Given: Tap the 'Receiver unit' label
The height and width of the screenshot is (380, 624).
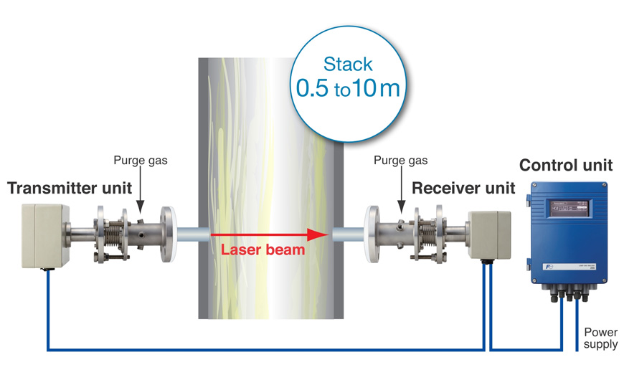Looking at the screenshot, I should click(x=463, y=189).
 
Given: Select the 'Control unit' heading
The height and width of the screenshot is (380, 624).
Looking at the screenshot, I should click(x=566, y=166).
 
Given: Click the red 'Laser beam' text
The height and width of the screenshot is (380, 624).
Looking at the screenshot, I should click(x=263, y=250).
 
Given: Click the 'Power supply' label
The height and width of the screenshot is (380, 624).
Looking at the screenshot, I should click(x=600, y=338).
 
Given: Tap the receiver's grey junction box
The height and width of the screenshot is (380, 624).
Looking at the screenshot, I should click(x=489, y=233).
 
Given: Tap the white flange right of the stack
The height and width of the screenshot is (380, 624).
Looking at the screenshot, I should click(x=373, y=234).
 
